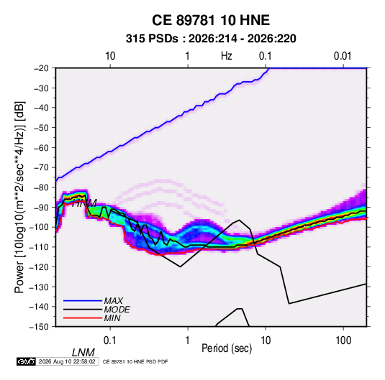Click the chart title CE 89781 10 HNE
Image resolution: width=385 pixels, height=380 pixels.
211,20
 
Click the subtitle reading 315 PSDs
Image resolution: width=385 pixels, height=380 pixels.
152,39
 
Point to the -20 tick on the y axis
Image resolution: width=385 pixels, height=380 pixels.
41,68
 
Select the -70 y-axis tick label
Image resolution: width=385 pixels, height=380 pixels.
41,167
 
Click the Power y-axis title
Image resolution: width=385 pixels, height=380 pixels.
19,197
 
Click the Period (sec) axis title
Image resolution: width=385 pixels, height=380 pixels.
227,348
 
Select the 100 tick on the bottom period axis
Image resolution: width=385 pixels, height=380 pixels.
343,340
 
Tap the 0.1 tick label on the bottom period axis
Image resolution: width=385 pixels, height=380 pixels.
110,340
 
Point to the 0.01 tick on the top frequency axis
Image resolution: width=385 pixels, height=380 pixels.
343,56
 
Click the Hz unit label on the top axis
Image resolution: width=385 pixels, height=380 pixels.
227,56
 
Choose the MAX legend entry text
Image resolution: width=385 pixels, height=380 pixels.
114,301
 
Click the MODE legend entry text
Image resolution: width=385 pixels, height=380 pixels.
117,310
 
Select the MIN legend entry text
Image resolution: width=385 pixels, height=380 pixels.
112,318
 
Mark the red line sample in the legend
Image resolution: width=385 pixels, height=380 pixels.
83,318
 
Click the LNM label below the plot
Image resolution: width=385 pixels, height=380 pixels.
83,353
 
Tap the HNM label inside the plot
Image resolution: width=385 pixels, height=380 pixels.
84,203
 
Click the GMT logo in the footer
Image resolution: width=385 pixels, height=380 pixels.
27,361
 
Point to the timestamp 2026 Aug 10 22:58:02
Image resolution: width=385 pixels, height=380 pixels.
67,361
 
